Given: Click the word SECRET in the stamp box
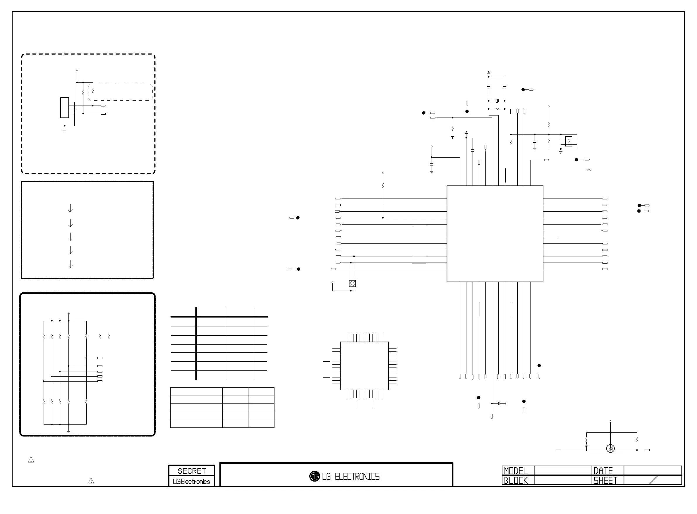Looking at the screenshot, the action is pos(191,471).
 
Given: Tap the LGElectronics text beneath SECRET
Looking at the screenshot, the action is pos(191,482).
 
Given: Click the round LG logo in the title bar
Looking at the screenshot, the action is pos(315,476).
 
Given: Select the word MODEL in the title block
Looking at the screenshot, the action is pos(516,471).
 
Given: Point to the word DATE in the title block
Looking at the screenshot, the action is pos(603,471).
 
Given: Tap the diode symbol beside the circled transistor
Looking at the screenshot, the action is pos(586,447).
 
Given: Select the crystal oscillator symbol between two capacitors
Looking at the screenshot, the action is pos(497,101).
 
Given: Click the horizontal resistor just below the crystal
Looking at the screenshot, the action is pos(497,109).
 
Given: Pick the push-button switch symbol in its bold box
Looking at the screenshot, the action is pos(569,141).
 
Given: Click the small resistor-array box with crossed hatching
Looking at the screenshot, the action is pos(352,283).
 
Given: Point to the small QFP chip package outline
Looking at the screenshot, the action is pos(364,366).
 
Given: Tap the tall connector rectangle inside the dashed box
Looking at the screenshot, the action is pos(64,108).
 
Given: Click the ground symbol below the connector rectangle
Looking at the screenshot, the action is pos(64,130).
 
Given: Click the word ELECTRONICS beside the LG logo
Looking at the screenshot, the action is pos(357,477).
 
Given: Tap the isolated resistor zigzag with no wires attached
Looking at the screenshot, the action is pos(588,170).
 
